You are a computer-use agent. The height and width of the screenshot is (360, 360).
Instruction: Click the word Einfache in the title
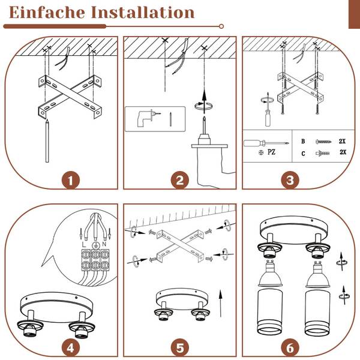47,13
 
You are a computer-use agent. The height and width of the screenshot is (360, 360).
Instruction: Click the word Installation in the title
143,13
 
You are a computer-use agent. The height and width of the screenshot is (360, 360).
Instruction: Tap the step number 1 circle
71,181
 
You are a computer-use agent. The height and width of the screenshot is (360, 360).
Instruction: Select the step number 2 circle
180,181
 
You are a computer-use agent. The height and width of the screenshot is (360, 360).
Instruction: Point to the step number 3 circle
290,181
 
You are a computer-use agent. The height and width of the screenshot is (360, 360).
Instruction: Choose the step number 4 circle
71,348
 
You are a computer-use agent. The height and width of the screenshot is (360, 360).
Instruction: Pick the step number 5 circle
180,348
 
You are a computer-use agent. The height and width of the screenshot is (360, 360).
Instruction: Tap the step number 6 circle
290,348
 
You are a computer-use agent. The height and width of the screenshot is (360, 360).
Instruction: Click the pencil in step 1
47,141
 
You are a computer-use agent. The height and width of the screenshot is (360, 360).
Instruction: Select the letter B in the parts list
303,141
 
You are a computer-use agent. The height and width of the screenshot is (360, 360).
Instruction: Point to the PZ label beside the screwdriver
271,152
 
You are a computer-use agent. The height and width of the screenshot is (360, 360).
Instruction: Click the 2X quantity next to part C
343,152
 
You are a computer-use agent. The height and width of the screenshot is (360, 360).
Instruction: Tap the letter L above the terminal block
84,245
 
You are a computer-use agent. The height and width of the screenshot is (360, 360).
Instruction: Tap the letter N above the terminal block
104,244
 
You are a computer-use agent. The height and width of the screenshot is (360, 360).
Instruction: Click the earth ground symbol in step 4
95,245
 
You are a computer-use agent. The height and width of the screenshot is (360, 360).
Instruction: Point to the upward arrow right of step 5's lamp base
221,303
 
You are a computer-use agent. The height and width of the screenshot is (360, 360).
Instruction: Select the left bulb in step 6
270,274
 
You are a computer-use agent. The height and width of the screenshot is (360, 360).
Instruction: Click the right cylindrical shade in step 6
317,312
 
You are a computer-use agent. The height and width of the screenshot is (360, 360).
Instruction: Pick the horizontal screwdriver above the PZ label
266,143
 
